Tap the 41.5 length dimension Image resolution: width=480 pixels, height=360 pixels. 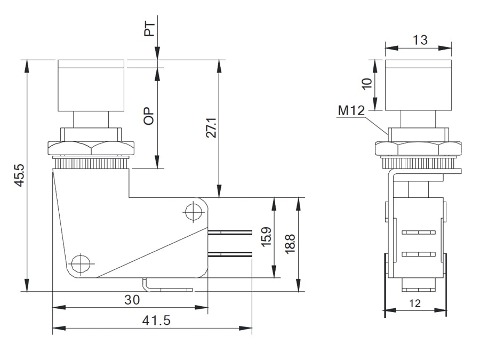(x=156, y=321)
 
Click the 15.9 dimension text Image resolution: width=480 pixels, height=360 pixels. (x=266, y=236)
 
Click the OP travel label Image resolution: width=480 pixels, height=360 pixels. (x=150, y=115)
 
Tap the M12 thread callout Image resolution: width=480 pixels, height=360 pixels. (x=351, y=111)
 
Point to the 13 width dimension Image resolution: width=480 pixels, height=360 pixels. (x=420, y=40)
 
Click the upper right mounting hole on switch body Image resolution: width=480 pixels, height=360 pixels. (x=191, y=211)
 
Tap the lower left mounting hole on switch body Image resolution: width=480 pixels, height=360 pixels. (x=80, y=263)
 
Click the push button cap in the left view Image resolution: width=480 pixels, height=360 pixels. (x=91, y=85)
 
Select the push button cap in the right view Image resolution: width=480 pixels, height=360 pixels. (x=419, y=85)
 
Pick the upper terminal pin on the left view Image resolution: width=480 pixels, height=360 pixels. (x=230, y=233)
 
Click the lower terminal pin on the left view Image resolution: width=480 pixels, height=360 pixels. (x=230, y=254)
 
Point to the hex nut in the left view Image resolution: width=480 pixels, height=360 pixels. (x=91, y=148)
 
